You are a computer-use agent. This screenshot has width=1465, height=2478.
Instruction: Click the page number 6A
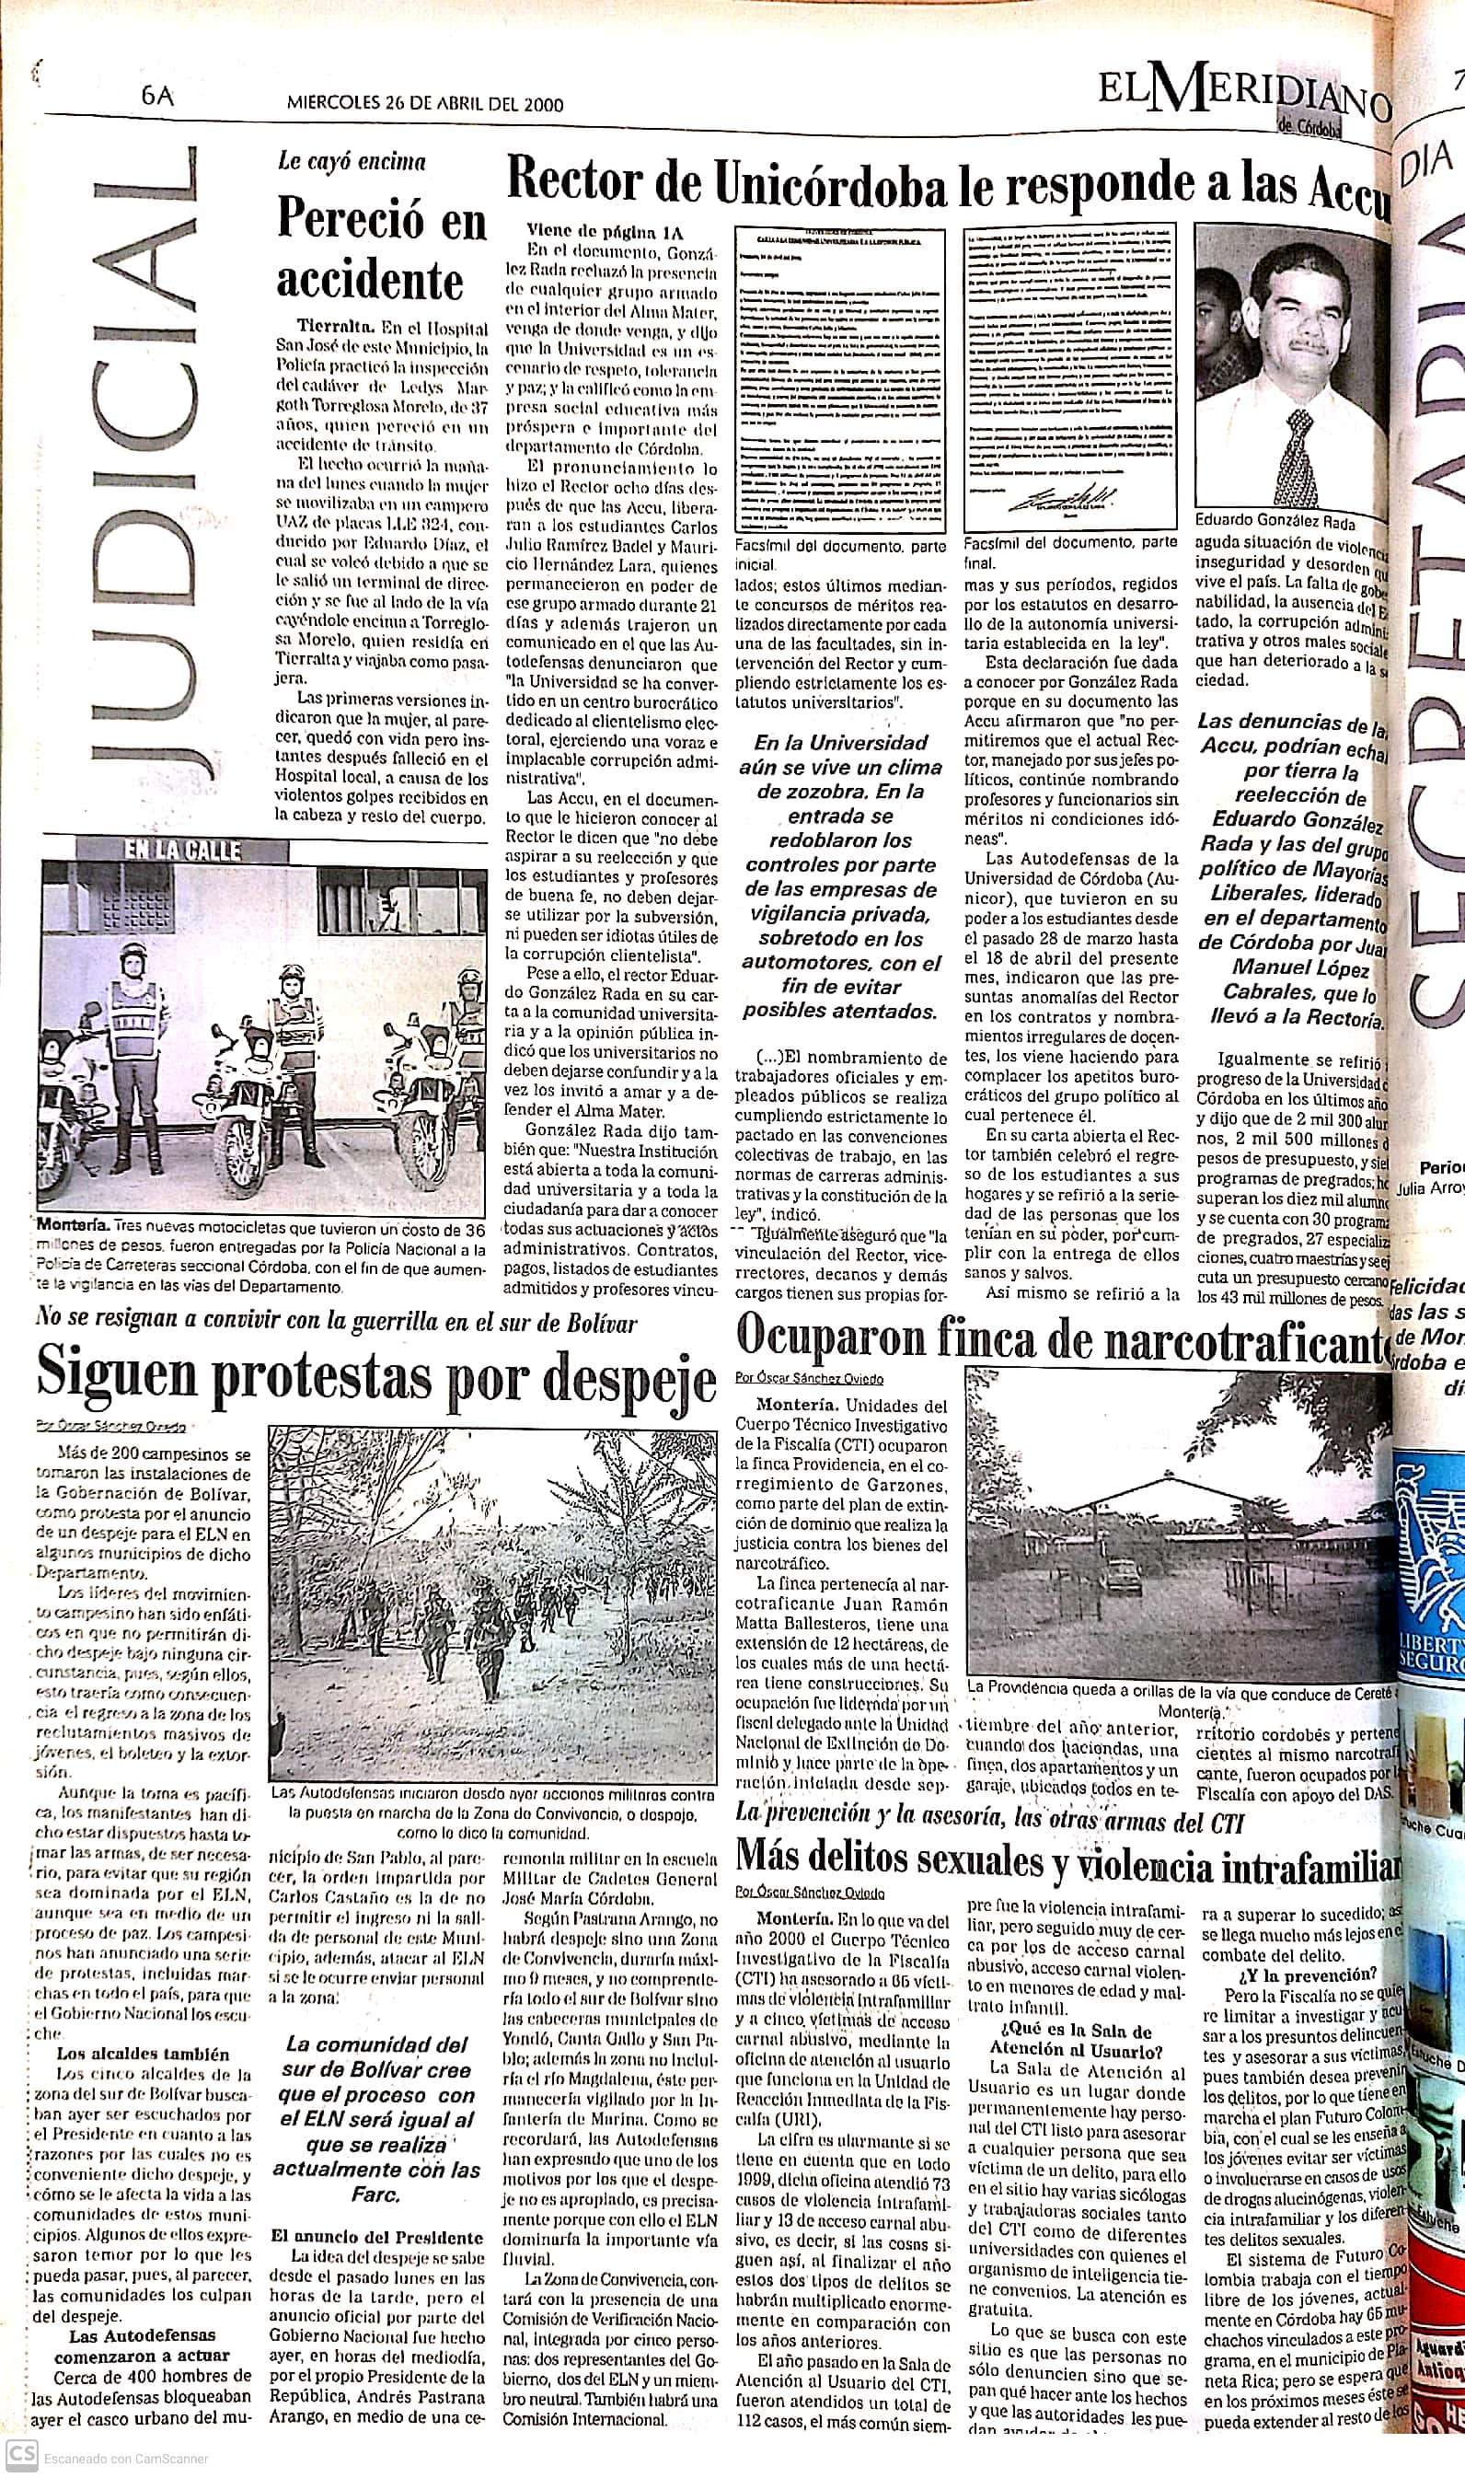click(157, 97)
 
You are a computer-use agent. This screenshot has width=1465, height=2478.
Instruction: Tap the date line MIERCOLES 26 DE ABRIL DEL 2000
click(425, 103)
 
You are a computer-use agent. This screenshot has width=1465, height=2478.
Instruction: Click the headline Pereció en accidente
click(382, 251)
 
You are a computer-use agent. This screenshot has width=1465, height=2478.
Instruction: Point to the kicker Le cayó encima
click(352, 162)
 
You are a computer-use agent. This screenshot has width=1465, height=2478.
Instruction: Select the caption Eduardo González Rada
click(1275, 522)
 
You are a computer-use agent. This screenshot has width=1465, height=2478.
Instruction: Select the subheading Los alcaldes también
click(142, 2054)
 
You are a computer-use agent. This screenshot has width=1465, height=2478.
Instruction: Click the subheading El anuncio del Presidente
click(377, 2237)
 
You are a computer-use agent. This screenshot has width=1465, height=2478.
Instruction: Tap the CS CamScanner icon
click(24, 2455)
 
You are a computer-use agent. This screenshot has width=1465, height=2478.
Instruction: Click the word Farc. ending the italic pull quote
click(376, 2194)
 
